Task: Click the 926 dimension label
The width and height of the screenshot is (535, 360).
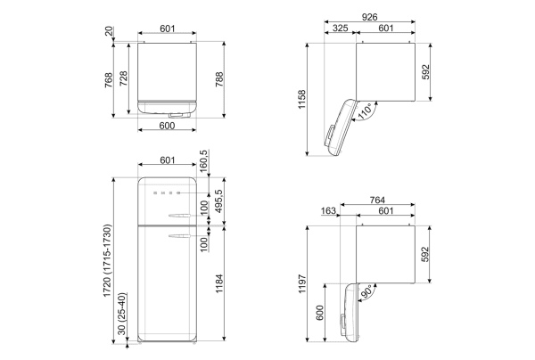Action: [369, 17]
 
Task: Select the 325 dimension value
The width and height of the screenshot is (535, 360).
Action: [341, 28]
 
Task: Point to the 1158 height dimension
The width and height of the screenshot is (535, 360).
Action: [302, 100]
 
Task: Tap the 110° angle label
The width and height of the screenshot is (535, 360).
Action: [365, 111]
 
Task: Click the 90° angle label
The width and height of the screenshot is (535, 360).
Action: [366, 292]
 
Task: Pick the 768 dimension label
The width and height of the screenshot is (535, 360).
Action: [109, 80]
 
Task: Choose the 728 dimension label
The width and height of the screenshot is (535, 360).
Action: [123, 78]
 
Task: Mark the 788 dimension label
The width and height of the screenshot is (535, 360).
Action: [218, 79]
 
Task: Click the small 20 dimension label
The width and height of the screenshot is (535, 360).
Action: [109, 32]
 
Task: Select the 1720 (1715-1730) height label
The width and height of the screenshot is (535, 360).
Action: [108, 261]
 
